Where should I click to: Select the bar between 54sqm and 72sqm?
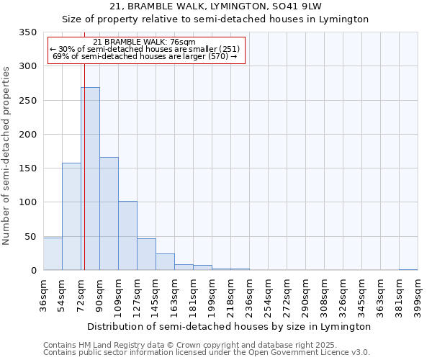click(71, 216)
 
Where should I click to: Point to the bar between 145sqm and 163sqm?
click(165, 262)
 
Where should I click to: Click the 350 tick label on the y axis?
click(27, 32)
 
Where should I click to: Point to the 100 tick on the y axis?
click(27, 202)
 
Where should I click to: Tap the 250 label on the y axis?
click(27, 101)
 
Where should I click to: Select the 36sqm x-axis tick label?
click(44, 294)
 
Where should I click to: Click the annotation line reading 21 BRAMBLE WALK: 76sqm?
click(144, 42)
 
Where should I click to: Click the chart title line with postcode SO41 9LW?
click(216, 6)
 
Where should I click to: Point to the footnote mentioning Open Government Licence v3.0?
click(207, 353)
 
